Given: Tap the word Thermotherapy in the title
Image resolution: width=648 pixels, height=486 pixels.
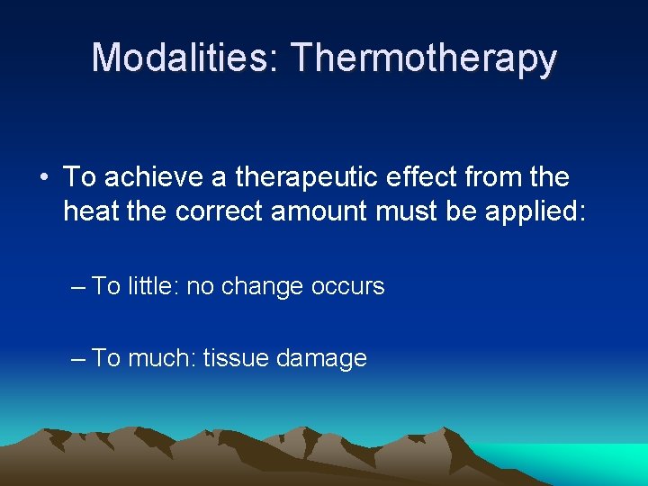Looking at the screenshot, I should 424,59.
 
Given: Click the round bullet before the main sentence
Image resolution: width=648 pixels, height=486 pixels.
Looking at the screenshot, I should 44,177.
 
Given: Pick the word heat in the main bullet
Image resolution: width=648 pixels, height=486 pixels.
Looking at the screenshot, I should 90,212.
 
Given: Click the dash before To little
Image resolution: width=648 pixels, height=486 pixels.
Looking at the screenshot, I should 77,287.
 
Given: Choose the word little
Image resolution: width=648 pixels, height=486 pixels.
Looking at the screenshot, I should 153,287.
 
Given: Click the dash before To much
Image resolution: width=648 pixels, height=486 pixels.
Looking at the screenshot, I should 77,358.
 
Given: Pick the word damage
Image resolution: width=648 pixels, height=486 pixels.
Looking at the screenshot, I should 321,359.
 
